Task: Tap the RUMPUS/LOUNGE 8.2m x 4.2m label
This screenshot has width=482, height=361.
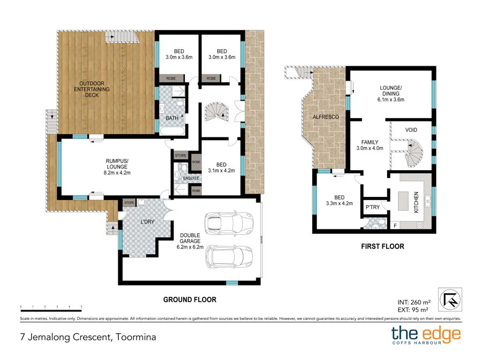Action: click(117, 166)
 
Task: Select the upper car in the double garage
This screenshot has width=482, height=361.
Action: click(228, 223)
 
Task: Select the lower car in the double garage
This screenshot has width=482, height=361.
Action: click(228, 257)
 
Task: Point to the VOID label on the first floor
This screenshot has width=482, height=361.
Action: click(412, 130)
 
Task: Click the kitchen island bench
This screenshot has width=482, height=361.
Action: click(402, 201)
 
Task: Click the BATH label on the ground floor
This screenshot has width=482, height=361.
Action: click(172, 118)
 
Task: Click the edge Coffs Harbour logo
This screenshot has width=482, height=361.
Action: click(425, 335)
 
